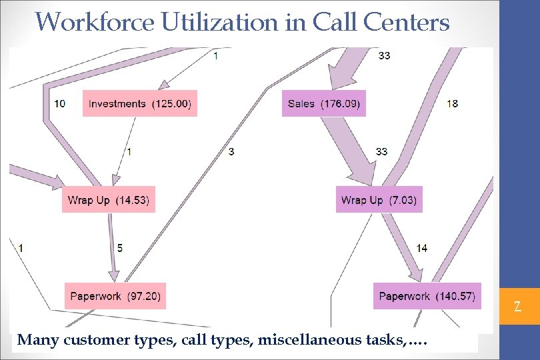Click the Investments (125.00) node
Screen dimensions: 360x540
tap(140, 103)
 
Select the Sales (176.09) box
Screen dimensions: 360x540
tap(324, 103)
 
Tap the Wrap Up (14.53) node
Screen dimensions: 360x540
tap(109, 200)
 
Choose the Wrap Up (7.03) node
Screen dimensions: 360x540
tap(379, 200)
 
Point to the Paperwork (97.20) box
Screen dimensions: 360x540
tap(115, 296)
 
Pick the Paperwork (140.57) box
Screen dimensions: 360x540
tap(427, 296)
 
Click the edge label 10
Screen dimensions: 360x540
tap(59, 103)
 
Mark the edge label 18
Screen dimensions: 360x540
tap(452, 103)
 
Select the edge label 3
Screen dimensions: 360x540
tap(231, 152)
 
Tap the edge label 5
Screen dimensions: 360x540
tap(120, 248)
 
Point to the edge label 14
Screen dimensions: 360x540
tap(421, 248)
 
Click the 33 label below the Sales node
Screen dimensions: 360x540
tap(381, 152)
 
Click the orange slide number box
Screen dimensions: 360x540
tap(517, 307)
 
